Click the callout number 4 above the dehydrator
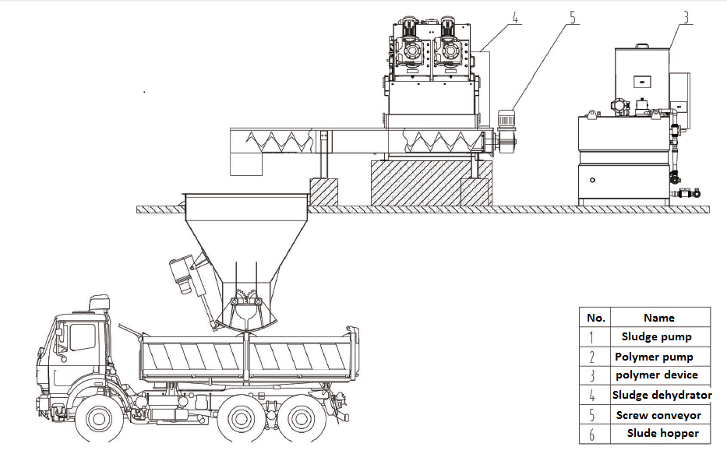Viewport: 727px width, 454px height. click(515, 18)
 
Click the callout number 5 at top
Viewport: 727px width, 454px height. click(573, 18)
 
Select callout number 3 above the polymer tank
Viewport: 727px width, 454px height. click(686, 18)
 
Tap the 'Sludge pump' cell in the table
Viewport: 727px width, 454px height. click(657, 336)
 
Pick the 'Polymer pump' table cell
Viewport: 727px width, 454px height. click(654, 357)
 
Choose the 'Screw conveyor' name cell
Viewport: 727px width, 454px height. click(658, 415)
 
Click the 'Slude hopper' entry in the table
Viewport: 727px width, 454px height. click(662, 433)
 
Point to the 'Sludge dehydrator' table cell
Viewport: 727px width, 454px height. click(662, 395)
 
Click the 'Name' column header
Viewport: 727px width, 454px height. click(659, 318)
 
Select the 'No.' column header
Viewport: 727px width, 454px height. click(596, 318)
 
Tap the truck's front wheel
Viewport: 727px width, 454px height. click(99, 419)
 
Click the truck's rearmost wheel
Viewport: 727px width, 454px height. click(301, 419)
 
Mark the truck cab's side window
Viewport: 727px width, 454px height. click(83, 336)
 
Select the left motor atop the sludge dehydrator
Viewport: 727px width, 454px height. click(408, 27)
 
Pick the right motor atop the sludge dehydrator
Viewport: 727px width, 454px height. click(448, 27)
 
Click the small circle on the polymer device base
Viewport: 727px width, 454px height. click(592, 180)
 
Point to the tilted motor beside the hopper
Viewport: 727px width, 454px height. click(181, 274)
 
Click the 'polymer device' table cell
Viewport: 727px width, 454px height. click(657, 375)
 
